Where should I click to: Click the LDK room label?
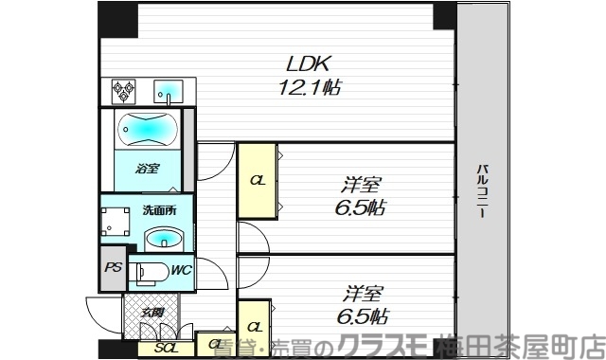[309, 65]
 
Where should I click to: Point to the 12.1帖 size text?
[309, 87]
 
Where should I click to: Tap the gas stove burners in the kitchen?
[123, 91]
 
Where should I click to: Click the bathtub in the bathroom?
[146, 127]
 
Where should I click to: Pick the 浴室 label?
[146, 170]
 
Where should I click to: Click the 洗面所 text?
[158, 210]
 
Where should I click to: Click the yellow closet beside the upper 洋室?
[257, 179]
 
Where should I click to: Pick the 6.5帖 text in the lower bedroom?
[362, 316]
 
